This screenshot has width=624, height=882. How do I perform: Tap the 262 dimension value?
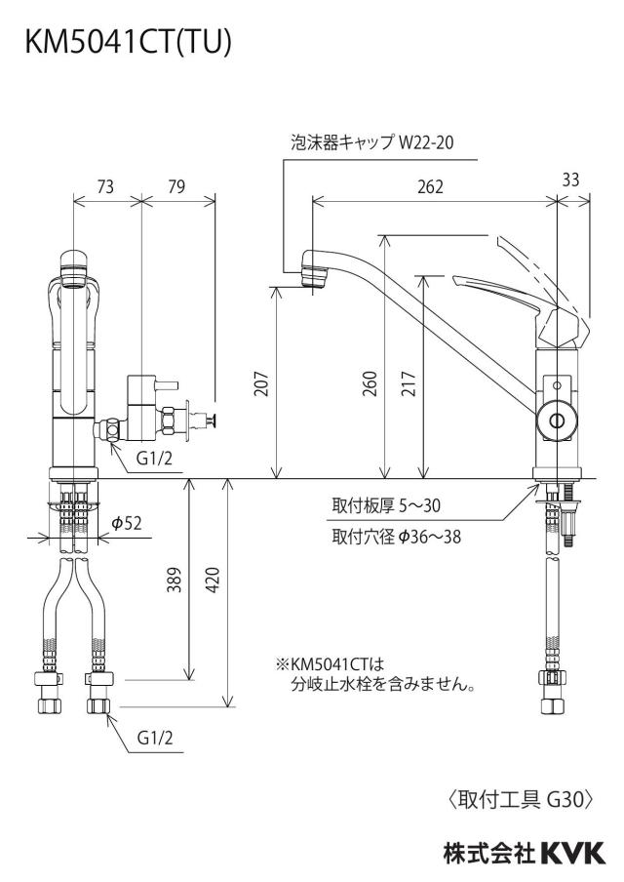click(x=430, y=186)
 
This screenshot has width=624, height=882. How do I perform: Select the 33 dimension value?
click(x=570, y=180)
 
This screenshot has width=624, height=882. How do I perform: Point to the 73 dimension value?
click(x=105, y=186)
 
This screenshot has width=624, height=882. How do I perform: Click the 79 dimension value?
click(x=176, y=186)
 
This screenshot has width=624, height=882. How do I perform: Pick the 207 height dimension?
click(x=262, y=383)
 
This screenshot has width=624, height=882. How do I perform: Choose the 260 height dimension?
click(x=370, y=383)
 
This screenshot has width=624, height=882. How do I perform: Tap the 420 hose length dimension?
click(x=214, y=580)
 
